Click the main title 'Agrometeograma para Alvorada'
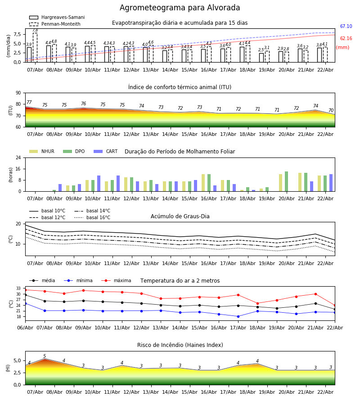click(x=180, y=8)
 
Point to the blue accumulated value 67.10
click(x=346, y=27)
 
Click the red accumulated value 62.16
click(x=346, y=39)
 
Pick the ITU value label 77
click(x=29, y=103)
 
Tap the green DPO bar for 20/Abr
click(x=286, y=181)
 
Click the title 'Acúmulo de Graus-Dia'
click(x=180, y=216)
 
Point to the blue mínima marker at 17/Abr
click(x=238, y=316)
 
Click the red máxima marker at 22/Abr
click(x=335, y=305)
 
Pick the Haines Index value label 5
click(x=45, y=356)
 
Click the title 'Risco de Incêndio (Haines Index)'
click(x=180, y=345)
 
